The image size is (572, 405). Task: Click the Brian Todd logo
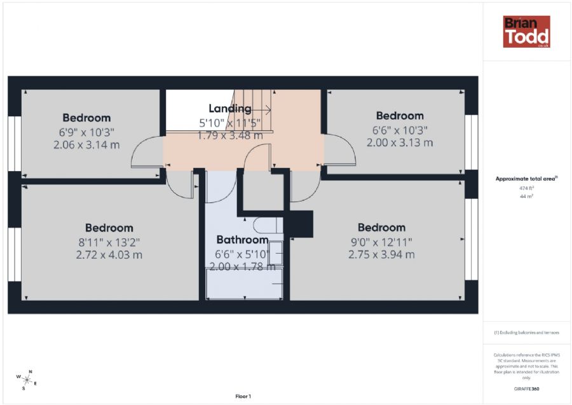(526, 32)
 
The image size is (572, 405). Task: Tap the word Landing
(229, 109)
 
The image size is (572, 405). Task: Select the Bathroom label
(242, 240)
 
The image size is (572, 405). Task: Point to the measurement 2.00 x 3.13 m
(399, 142)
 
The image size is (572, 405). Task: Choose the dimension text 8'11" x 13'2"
(109, 242)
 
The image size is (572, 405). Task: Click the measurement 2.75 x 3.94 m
(381, 254)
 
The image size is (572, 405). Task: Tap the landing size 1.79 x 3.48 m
(229, 135)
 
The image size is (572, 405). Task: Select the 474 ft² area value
(526, 188)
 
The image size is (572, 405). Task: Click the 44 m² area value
(526, 197)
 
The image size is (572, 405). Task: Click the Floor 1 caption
(243, 396)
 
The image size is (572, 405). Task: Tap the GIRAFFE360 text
(526, 388)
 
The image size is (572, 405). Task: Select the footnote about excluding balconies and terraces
(526, 333)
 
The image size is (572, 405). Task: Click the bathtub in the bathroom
(245, 284)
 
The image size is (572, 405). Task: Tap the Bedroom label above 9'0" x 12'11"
(381, 228)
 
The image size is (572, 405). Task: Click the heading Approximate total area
(526, 179)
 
